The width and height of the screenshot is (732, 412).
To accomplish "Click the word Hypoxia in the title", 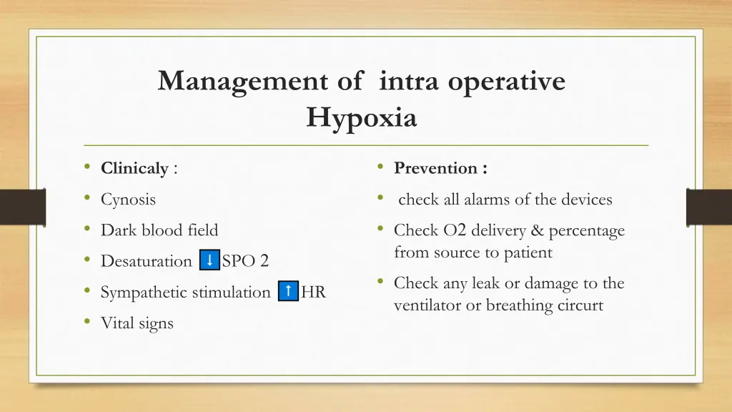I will tap(361, 117).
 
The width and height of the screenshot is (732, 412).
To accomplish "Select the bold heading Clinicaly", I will tap(134, 169).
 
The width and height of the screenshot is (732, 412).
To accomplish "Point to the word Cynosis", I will tap(128, 200).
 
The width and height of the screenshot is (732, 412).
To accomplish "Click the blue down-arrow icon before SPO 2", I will tap(209, 260).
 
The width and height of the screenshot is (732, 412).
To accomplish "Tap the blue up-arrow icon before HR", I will tap(287, 291).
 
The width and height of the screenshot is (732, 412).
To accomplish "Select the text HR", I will tap(314, 292).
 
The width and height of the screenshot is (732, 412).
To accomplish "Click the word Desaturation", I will tap(147, 261).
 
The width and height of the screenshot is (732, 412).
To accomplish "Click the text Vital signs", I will tap(137, 323).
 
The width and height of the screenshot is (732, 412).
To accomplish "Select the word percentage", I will tap(586, 230).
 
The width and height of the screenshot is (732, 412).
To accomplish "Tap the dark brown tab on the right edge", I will tap(708, 207).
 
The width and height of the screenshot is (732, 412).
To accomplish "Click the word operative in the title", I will tap(507, 81).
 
